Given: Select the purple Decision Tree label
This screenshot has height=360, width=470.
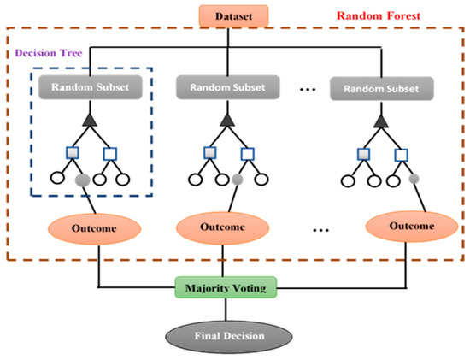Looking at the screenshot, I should coord(47,51).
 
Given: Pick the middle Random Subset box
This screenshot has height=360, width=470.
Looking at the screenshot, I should coord(227,86).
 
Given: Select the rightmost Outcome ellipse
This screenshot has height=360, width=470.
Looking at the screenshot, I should coord(405,228).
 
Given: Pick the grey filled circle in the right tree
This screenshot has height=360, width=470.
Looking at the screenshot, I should coord(414,178).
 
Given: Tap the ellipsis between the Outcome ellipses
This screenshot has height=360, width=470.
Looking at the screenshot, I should coord(320,229).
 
